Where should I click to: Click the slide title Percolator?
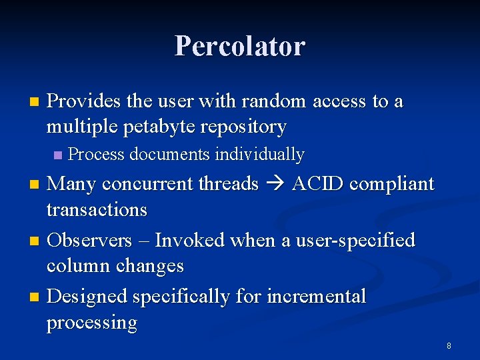pyautogui.click(x=240, y=47)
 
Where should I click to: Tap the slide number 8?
pyautogui.click(x=449, y=345)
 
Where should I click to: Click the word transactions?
pyautogui.click(x=97, y=209)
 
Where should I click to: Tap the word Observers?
pyautogui.click(x=89, y=240)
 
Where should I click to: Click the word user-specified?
pyautogui.click(x=346, y=240)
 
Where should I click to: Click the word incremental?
pyautogui.click(x=316, y=296)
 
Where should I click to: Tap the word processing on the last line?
pyautogui.click(x=91, y=323)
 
